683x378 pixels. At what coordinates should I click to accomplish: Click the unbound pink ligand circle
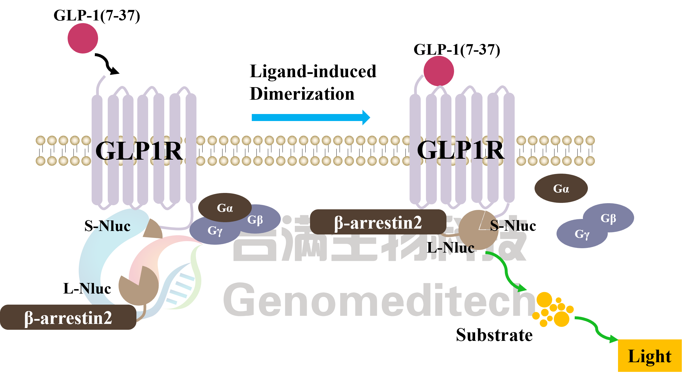click(83, 38)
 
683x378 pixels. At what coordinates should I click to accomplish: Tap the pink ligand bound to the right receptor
click(439, 71)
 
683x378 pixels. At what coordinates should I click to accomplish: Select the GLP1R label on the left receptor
click(139, 151)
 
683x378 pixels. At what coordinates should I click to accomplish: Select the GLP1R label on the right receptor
click(461, 150)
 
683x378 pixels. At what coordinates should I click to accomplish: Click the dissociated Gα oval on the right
click(561, 189)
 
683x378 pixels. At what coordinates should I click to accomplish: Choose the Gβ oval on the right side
click(609, 218)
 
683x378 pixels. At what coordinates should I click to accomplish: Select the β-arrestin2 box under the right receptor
click(378, 222)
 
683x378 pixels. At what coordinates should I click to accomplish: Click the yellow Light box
click(650, 356)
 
